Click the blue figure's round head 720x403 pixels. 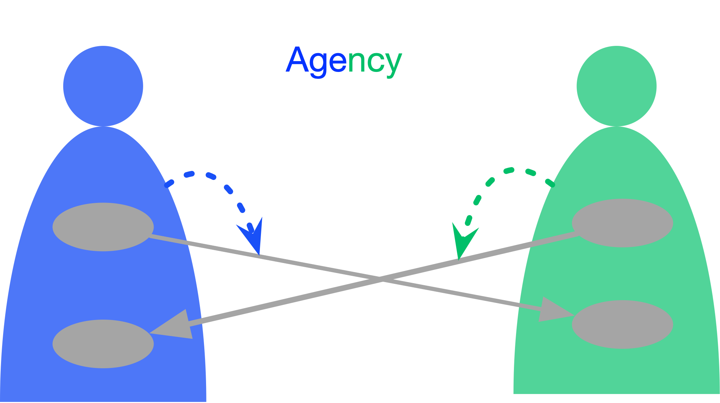point(103,86)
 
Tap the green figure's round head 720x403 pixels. point(616,86)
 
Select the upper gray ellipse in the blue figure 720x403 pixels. point(103,227)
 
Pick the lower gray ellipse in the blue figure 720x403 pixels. point(103,344)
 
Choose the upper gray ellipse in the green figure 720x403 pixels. point(622,223)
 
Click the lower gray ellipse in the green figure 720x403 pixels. point(622,324)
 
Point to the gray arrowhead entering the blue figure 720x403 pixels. point(174,326)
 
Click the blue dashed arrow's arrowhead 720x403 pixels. point(253,235)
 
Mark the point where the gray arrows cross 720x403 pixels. point(382,279)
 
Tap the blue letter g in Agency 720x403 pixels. point(318,64)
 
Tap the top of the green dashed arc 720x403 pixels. point(518,170)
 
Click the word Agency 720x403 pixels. point(344,61)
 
